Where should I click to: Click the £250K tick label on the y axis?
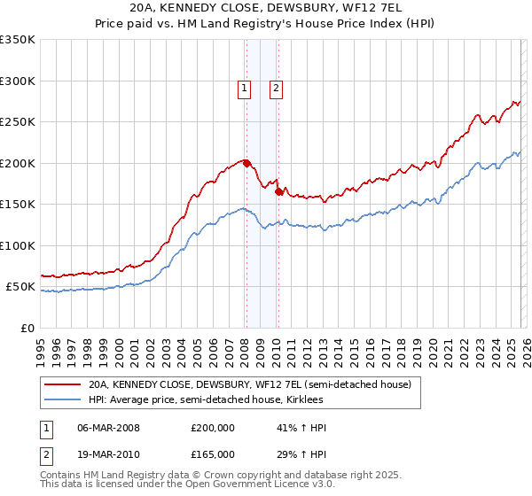[x=17, y=122]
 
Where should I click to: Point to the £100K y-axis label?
[x=17, y=245]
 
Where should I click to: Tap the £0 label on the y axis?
[x=27, y=328]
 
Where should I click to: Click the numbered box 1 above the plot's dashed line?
[x=244, y=88]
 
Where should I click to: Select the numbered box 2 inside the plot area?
[x=277, y=88]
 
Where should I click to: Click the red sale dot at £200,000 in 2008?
[x=246, y=163]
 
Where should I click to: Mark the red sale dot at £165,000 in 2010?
[x=278, y=191]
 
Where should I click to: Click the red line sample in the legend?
[x=64, y=385]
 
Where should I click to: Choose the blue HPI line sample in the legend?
[x=64, y=400]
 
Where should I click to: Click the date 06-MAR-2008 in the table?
[x=109, y=428]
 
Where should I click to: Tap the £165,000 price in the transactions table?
[x=213, y=453]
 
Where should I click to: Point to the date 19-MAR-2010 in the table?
[x=109, y=453]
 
